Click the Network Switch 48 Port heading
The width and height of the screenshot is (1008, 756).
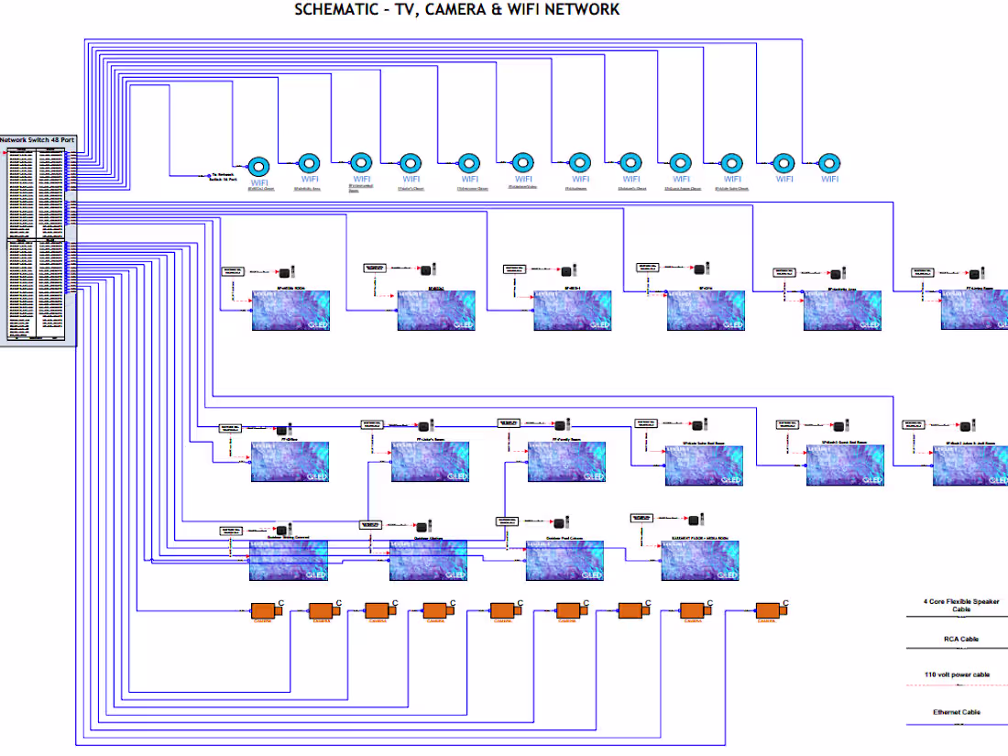[x=38, y=140]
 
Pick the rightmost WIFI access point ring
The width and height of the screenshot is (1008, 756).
[x=829, y=164]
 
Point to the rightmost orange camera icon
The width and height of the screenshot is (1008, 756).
[x=769, y=610]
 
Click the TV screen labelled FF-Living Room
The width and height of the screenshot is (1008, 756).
[x=973, y=311]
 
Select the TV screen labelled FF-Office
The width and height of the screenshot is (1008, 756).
[x=290, y=462]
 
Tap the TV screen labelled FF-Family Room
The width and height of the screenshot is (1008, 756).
[x=565, y=462]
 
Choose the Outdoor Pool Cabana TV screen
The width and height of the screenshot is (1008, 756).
[x=564, y=560]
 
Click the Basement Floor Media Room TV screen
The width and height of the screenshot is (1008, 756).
[x=700, y=560]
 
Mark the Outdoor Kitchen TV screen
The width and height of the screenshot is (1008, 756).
[x=428, y=560]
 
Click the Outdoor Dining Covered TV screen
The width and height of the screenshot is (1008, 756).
[x=290, y=560]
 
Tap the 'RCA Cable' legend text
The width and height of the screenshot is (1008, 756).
[x=960, y=639]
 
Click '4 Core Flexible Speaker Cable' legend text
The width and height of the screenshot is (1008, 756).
[x=960, y=605]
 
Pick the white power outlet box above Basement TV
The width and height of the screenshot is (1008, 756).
[x=641, y=518]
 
